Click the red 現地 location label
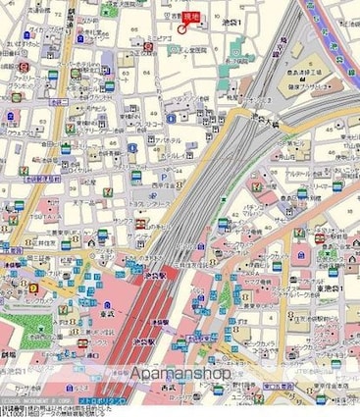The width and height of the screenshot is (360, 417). coord(191,17)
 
